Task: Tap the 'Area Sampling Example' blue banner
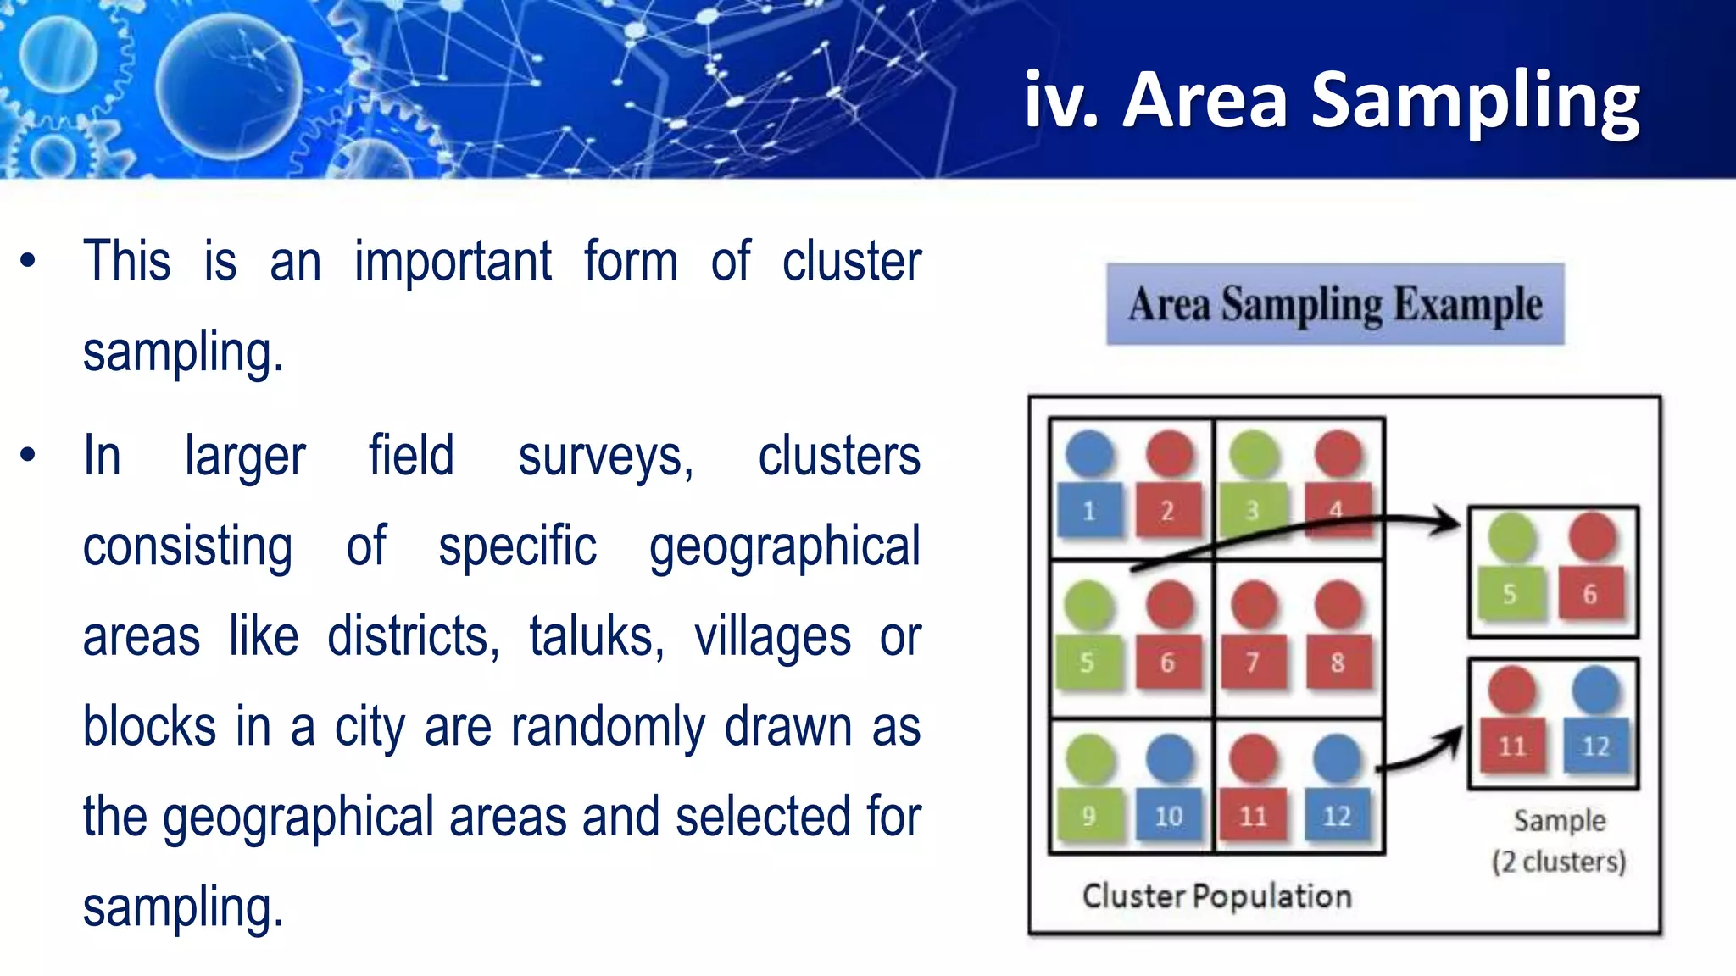click(1335, 304)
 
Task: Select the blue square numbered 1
click(1090, 510)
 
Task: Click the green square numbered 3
click(1253, 510)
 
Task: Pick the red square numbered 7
click(1253, 662)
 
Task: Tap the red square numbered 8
click(1337, 662)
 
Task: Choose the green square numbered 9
click(1089, 815)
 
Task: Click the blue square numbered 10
click(1169, 815)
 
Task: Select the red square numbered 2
click(1168, 510)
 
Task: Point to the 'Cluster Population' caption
click(1216, 896)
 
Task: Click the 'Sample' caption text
click(1560, 820)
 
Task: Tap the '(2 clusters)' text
click(1560, 862)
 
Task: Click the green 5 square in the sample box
click(1511, 593)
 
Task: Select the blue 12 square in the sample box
click(1595, 746)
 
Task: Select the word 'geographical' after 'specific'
click(785, 546)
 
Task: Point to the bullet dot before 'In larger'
click(28, 455)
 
